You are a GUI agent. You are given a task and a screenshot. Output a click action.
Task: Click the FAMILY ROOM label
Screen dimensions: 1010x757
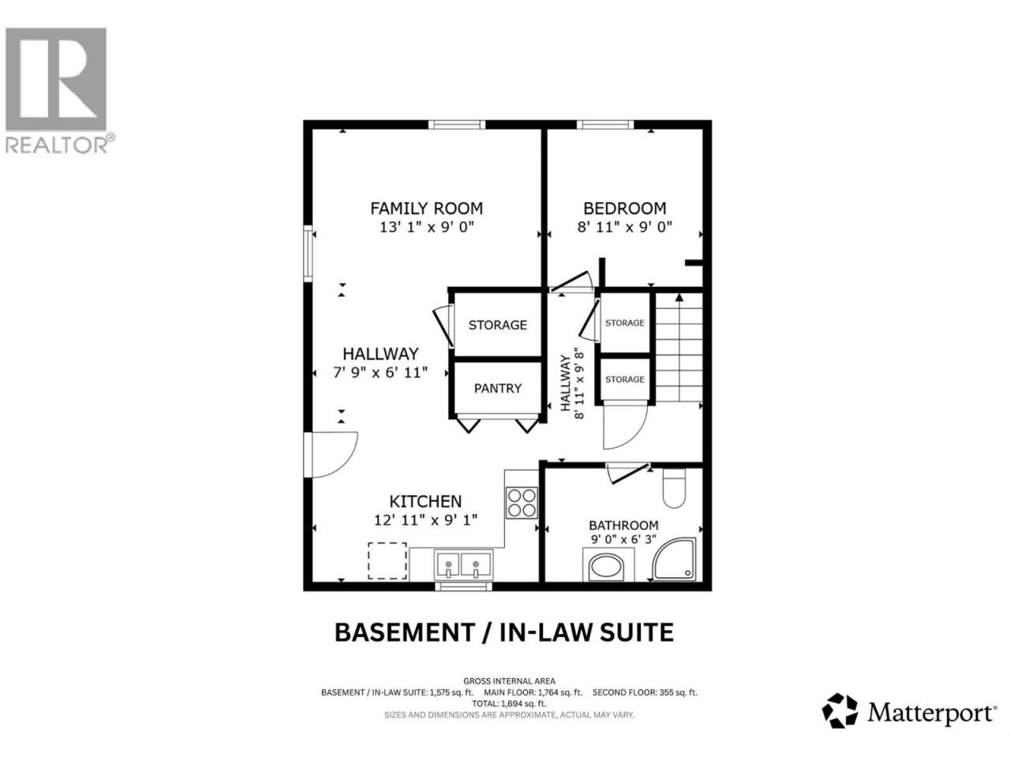pos(426,208)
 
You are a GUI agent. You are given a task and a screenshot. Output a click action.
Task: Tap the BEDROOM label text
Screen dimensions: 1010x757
pos(624,208)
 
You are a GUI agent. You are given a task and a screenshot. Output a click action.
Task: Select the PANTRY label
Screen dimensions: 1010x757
pos(497,389)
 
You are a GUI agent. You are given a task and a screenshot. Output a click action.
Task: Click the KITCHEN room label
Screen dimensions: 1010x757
pos(425,501)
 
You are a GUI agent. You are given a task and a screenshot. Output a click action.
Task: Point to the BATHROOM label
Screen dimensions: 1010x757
pos(623,525)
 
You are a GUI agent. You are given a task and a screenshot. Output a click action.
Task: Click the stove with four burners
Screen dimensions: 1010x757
pos(522,503)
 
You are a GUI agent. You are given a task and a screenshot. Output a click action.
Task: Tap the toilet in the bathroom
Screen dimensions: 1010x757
pos(674,487)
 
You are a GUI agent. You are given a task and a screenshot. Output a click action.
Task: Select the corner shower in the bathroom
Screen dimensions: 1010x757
pos(675,558)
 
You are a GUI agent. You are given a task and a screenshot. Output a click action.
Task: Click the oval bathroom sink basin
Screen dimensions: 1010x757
pos(607,568)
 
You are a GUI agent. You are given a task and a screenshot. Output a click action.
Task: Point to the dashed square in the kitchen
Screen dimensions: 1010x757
pos(387,561)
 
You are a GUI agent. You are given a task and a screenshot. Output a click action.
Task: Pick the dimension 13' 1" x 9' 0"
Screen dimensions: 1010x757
pos(426,227)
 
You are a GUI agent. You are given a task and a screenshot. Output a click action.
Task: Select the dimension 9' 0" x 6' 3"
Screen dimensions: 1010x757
pos(623,539)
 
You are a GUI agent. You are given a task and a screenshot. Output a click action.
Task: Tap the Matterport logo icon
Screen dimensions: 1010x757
pos(840,723)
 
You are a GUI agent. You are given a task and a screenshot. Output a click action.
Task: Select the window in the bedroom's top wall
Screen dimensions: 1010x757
pos(605,125)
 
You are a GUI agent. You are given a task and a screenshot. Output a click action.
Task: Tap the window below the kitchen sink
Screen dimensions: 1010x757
pos(463,587)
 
